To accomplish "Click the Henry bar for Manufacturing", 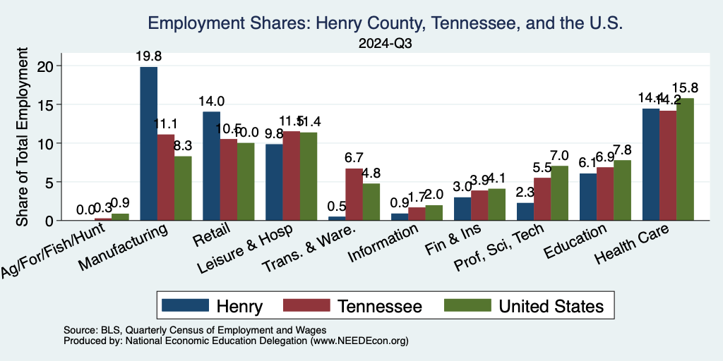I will click(x=148, y=144).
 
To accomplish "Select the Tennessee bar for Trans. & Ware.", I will click(x=354, y=195).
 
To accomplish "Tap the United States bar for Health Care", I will click(x=685, y=159).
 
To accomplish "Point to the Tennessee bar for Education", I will click(x=605, y=194).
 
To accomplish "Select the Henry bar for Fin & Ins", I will click(x=462, y=209).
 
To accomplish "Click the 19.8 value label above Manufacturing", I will click(x=148, y=56).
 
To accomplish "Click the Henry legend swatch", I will click(x=186, y=305).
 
